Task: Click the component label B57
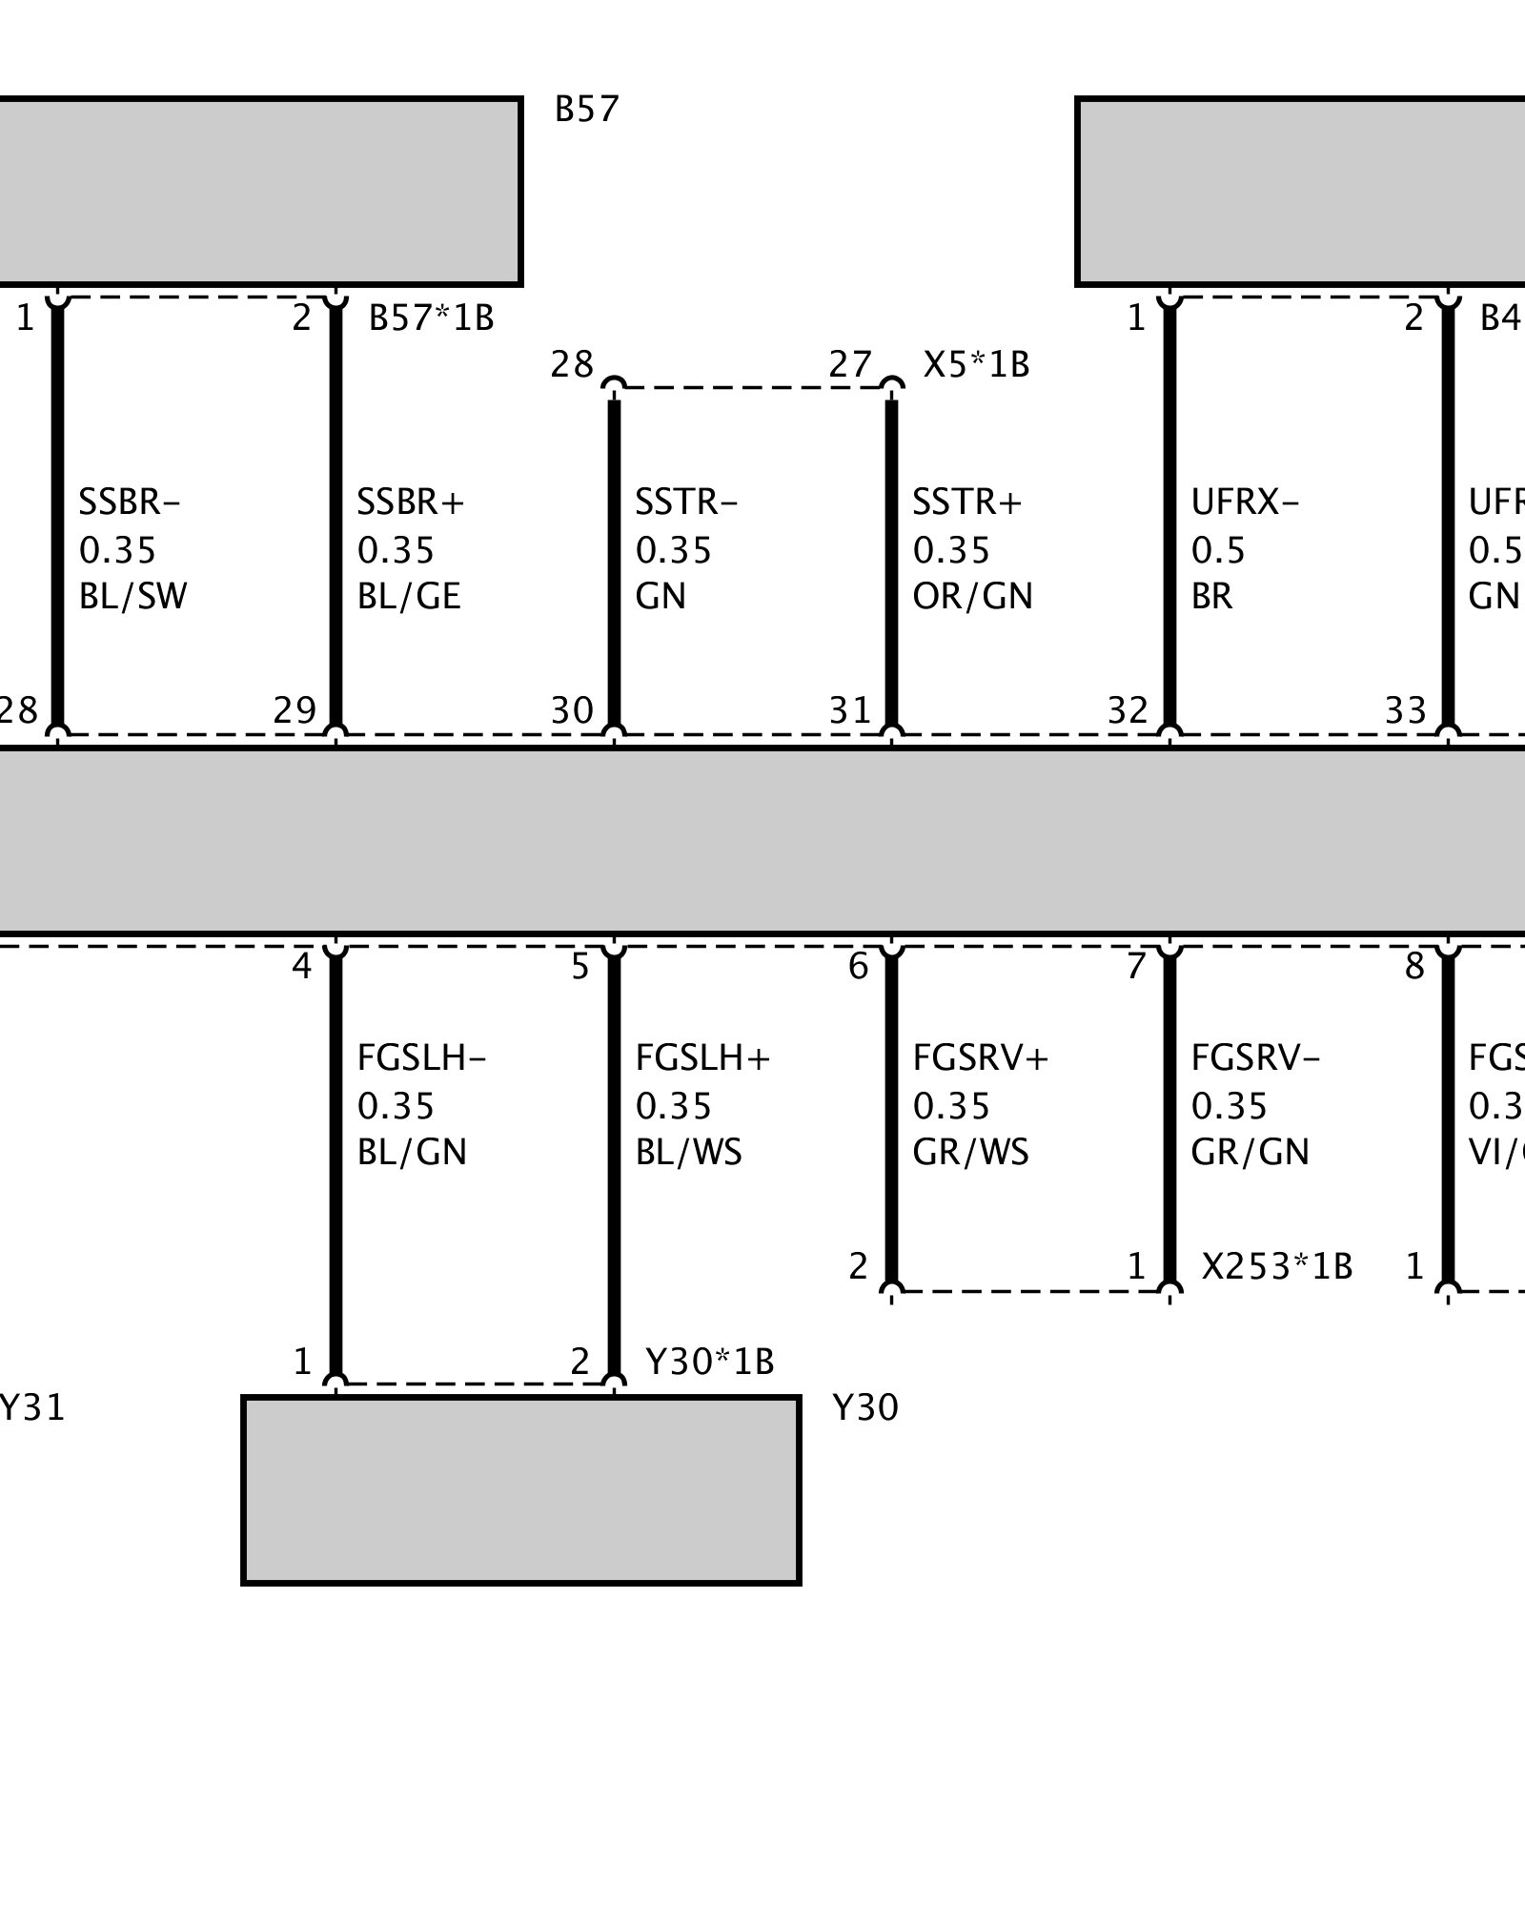[586, 111]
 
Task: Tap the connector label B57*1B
[431, 318]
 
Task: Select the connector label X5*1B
[976, 365]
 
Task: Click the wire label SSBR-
[130, 502]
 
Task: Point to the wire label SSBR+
[410, 502]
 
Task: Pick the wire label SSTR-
[686, 502]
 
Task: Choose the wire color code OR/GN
[972, 597]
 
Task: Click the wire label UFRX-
[1245, 502]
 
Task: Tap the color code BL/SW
[132, 597]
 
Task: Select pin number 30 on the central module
[572, 710]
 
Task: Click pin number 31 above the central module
[850, 710]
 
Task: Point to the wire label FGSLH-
[421, 1058]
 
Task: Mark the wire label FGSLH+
[702, 1058]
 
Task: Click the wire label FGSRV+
[980, 1058]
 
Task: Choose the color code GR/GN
[1250, 1153]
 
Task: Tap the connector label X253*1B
[1276, 1266]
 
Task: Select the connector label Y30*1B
[709, 1362]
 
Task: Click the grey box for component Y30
[521, 1489]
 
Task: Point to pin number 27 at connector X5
[850, 365]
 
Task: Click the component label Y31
[31, 1408]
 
